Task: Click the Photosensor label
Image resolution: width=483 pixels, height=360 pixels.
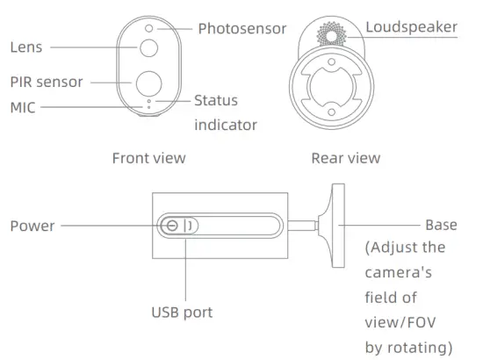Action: coord(241,29)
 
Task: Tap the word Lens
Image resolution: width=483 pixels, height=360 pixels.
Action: coord(26,47)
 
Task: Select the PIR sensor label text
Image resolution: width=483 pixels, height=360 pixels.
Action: coord(47,82)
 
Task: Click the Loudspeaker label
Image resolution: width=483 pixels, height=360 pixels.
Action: coord(411,27)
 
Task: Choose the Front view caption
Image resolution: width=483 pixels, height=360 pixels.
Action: coord(148,158)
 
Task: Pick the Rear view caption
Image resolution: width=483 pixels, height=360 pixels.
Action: coord(345,158)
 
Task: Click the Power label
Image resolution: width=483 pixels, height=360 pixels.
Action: coord(32,226)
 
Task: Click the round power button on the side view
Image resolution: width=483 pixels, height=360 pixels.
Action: coord(173,226)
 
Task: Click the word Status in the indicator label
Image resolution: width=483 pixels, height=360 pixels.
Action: coord(216,101)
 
